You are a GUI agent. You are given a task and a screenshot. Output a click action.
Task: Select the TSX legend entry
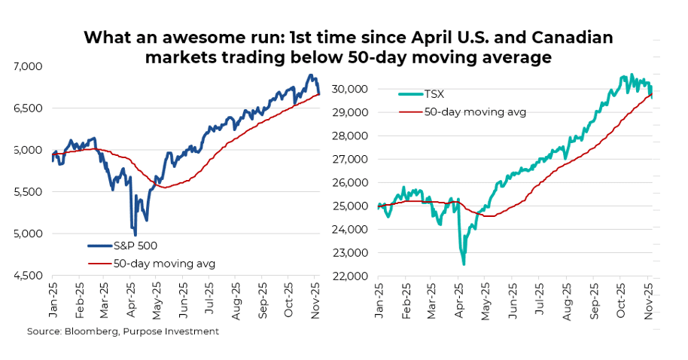click(x=434, y=94)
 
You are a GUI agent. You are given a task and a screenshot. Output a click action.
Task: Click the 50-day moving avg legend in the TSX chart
click(x=475, y=112)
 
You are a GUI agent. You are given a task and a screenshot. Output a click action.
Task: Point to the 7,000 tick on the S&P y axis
click(x=29, y=67)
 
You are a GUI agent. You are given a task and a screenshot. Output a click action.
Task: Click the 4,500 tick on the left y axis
click(x=29, y=276)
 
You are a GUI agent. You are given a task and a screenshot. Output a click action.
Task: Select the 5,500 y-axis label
click(x=29, y=192)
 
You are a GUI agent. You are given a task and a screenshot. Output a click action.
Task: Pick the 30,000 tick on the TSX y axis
click(x=350, y=89)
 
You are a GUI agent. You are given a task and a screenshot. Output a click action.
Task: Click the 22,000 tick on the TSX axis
click(x=350, y=276)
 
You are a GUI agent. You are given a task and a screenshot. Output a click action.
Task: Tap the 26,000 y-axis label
click(x=350, y=182)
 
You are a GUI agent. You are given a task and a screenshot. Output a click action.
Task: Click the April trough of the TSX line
click(x=464, y=264)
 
